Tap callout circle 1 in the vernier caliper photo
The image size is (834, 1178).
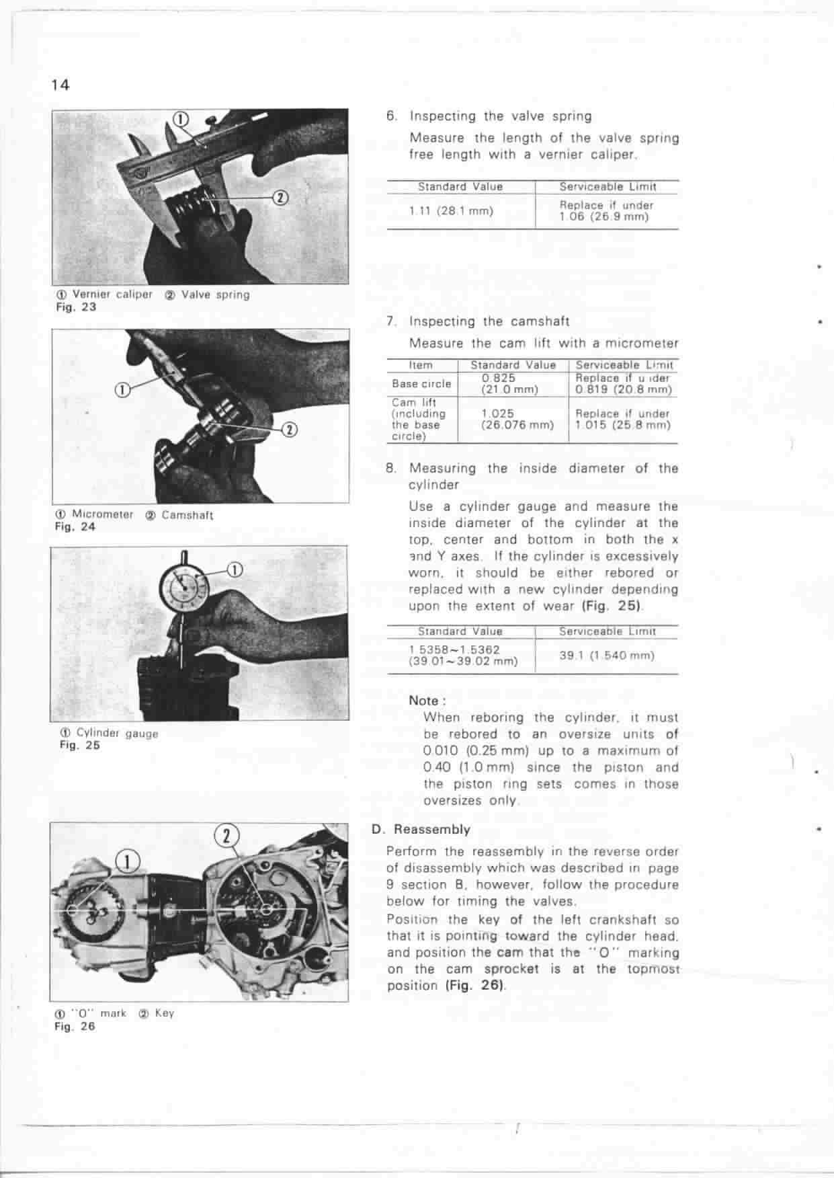[x=181, y=119]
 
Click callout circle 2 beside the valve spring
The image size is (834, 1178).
[x=280, y=197]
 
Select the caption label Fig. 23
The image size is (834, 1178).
[x=75, y=307]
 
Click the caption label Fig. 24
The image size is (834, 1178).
[x=75, y=527]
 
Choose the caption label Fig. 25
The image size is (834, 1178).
[x=79, y=745]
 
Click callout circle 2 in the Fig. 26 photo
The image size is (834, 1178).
[x=226, y=836]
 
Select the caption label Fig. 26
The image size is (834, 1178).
[x=75, y=1027]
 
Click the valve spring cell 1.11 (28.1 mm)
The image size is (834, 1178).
[x=451, y=211]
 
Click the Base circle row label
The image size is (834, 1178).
[x=421, y=384]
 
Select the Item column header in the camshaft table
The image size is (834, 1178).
[x=421, y=365]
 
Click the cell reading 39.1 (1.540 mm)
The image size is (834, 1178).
[x=606, y=656]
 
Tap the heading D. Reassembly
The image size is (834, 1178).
[x=421, y=830]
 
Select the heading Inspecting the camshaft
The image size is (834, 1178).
[x=489, y=321]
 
